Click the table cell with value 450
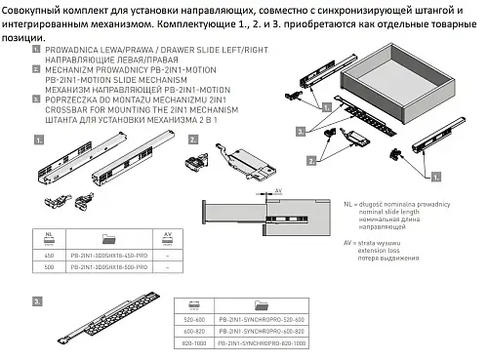point(49,253)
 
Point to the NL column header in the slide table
point(49,236)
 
